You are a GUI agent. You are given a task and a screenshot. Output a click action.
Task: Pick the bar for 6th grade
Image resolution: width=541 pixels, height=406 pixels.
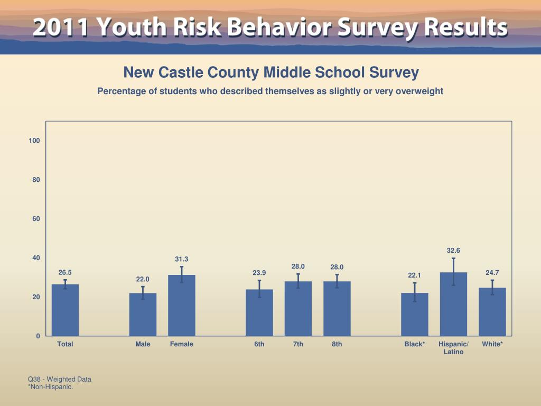point(259,312)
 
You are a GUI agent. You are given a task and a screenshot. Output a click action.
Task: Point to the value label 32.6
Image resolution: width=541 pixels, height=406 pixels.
point(453,250)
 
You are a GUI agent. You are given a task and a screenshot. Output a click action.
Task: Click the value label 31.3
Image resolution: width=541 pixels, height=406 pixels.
point(182,259)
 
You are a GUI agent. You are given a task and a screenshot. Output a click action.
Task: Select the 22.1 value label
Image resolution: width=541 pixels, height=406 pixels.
point(414,275)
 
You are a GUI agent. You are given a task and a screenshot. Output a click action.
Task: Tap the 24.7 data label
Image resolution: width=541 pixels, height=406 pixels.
point(492,272)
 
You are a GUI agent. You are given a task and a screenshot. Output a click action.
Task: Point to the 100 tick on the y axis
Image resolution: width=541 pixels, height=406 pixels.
point(35,141)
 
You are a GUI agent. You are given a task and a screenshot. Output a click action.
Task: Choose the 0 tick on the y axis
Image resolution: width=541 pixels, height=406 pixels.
point(38,336)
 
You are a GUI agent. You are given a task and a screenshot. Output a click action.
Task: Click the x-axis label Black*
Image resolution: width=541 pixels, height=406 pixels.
point(415,344)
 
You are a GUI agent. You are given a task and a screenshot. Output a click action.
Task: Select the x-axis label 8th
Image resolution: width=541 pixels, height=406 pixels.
point(337,344)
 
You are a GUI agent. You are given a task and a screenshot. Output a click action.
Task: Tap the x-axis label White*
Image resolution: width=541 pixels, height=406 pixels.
point(492,344)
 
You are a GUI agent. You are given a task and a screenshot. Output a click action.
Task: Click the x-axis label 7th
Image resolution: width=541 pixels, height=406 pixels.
point(299,344)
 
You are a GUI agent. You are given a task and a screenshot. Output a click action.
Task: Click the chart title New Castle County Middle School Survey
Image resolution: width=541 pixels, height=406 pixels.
point(270,72)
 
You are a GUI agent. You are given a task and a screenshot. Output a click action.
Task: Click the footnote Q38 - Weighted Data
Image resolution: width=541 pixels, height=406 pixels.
point(60,379)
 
